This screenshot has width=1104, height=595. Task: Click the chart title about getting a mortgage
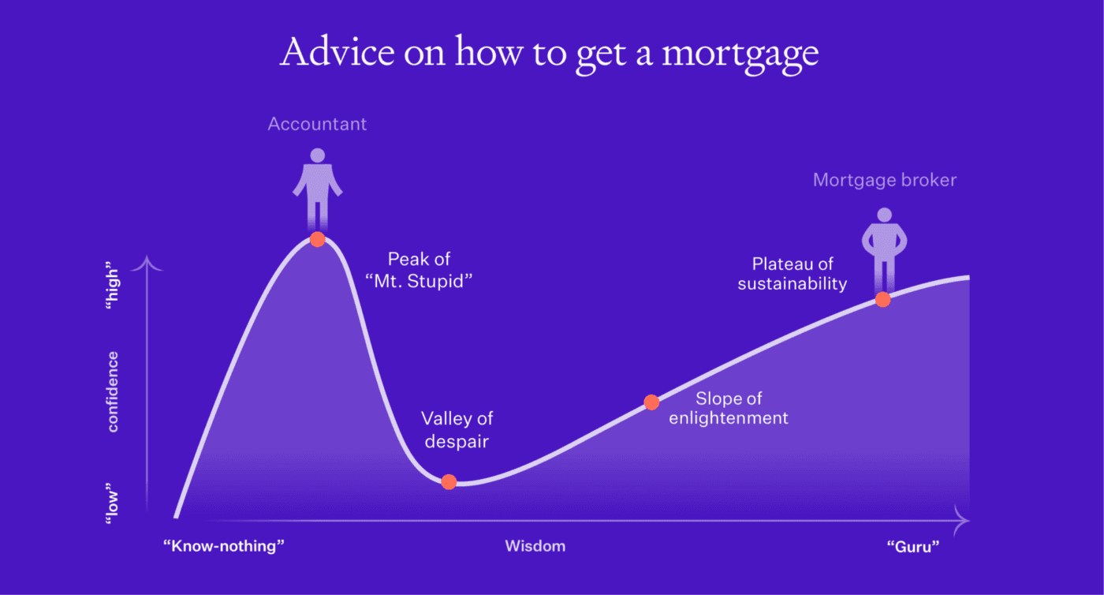click(x=550, y=52)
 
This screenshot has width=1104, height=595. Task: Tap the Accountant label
click(x=317, y=124)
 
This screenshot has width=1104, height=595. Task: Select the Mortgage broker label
click(x=884, y=180)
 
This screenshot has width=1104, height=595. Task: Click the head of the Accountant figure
click(x=317, y=156)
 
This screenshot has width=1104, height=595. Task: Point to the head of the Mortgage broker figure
click(x=884, y=215)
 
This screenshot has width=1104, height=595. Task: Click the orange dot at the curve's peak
click(x=317, y=239)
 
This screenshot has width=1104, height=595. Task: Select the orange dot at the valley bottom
click(x=449, y=481)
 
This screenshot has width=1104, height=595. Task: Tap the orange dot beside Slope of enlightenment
click(x=651, y=402)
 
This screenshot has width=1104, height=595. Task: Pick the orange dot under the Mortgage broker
click(x=882, y=299)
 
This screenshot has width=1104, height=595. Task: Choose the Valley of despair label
click(x=457, y=429)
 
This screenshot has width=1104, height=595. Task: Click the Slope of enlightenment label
click(x=728, y=408)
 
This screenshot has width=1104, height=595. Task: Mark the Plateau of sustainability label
click(x=792, y=274)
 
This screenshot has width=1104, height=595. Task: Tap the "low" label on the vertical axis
click(x=113, y=503)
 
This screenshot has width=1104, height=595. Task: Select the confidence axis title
click(x=113, y=391)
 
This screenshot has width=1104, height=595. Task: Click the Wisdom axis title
click(x=535, y=546)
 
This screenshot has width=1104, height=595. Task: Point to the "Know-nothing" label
click(x=223, y=546)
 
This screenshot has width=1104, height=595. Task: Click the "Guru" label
click(x=913, y=546)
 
